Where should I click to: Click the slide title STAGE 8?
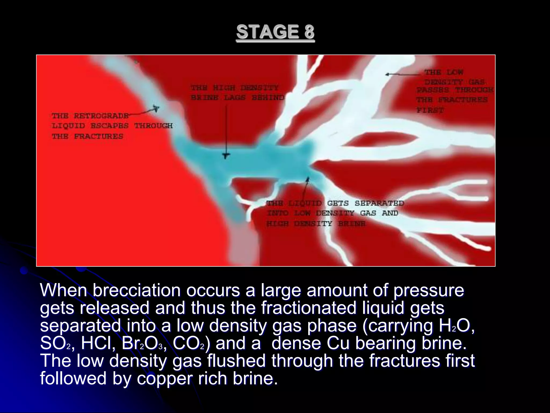(275, 32)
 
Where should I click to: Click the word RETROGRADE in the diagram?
(101, 116)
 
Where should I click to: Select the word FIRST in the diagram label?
(430, 110)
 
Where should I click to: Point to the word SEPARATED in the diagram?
(379, 203)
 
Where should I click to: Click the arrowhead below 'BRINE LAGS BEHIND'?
(226, 156)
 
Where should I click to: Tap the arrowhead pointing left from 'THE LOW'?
(387, 74)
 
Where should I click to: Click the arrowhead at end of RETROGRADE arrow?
(155, 108)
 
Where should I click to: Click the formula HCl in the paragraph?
(98, 343)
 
